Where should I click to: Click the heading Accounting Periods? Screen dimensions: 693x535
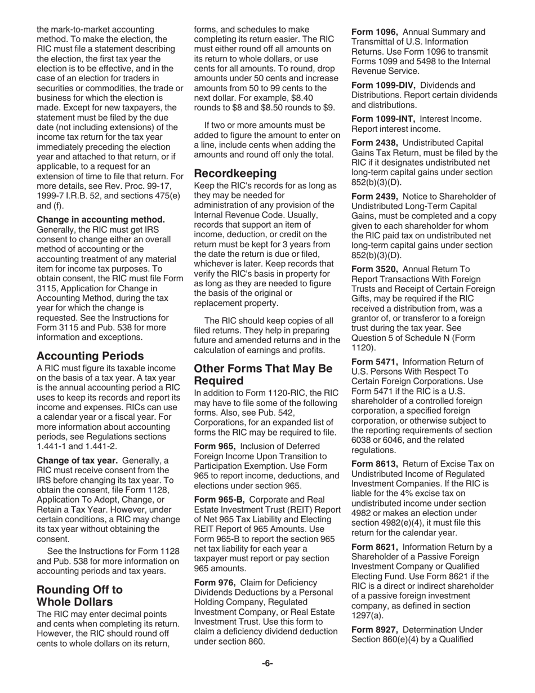pyautogui.click(x=90, y=356)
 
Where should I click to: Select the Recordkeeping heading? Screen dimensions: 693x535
pyautogui.click(x=235, y=173)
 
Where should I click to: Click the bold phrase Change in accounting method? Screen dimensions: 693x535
pyautogui.click(x=101, y=219)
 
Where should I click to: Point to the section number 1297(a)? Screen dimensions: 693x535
pyautogui.click(x=366, y=615)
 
